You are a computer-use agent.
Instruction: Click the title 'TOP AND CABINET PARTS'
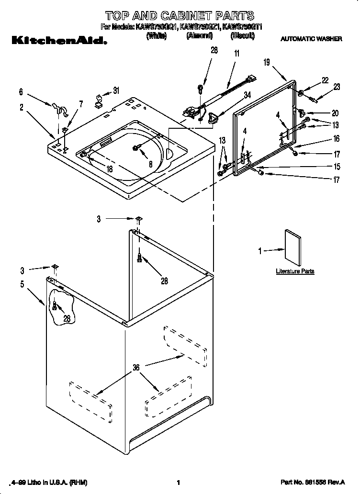[180, 16]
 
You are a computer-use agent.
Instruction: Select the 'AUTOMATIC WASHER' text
[311, 39]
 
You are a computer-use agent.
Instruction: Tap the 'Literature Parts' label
[295, 271]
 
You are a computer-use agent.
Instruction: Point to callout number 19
[267, 61]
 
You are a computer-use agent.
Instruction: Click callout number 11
[236, 55]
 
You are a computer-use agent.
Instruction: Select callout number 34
[247, 95]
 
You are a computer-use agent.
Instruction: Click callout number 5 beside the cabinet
[22, 283]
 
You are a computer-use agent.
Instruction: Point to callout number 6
[21, 91]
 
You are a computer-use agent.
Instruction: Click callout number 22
[325, 81]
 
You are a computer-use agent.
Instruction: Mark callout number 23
[337, 87]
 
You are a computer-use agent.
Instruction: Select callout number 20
[335, 113]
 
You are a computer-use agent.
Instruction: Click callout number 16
[336, 139]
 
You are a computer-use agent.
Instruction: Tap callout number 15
[337, 167]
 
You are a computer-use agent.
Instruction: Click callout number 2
[22, 108]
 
